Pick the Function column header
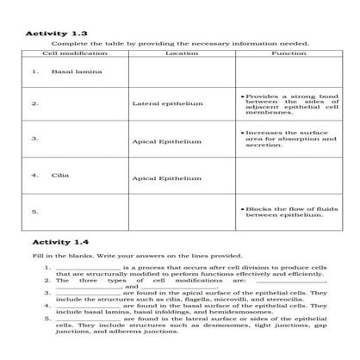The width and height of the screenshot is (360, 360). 288,53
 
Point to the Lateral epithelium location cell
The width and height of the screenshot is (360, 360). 167,104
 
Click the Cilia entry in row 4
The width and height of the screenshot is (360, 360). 60,174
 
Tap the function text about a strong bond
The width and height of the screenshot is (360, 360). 289,104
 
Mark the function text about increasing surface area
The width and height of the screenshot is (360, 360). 289,139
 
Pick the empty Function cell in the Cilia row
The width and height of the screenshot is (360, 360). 288,178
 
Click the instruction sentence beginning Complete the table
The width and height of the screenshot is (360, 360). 180,43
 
